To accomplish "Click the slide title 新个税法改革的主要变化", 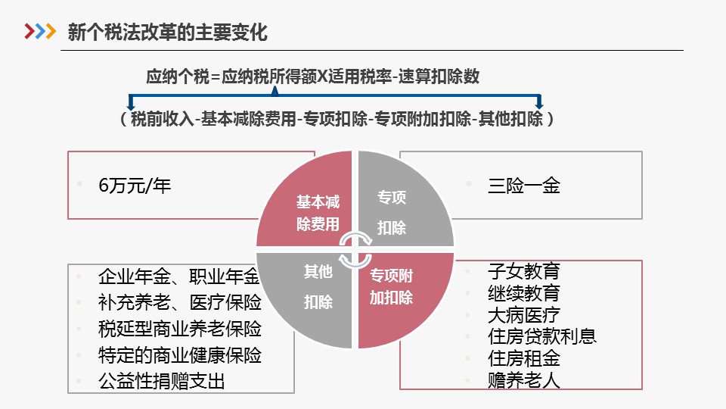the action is (x=167, y=33).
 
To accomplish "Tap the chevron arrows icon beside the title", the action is (x=40, y=32).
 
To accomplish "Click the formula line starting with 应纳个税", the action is (x=312, y=76).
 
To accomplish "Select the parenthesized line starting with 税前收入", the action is (x=337, y=119).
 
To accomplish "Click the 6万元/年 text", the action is (x=135, y=186).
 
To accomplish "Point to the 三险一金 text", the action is (x=523, y=186).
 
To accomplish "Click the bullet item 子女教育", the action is (x=523, y=271).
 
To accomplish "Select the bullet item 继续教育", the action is (x=523, y=292).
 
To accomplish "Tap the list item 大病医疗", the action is (x=523, y=315).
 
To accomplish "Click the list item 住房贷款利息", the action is (x=541, y=336).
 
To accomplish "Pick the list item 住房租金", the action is (x=523, y=358).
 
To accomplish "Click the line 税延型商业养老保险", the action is (x=180, y=329).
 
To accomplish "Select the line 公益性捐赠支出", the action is (x=162, y=382).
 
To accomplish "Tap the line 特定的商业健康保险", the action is (x=180, y=356).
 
